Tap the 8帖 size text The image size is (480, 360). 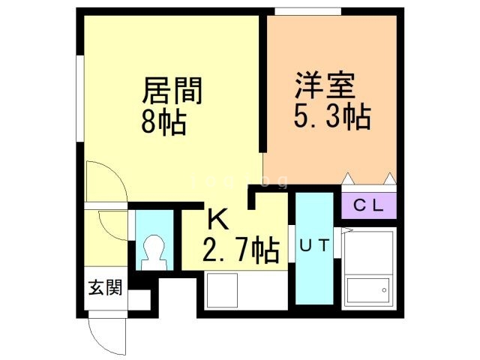point(163,121)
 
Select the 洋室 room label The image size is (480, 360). point(325,84)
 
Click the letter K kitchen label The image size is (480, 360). point(217,220)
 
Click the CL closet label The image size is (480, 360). point(368,205)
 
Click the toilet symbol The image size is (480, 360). point(153,252)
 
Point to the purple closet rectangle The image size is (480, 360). point(368,205)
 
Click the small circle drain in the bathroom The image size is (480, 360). point(382,289)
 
